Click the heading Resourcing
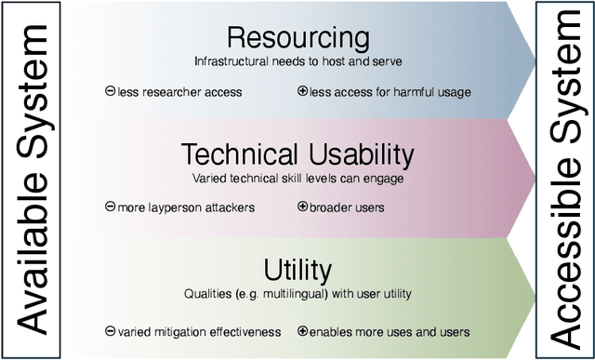(x=297, y=38)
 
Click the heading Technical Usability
(x=297, y=153)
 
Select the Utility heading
(x=297, y=270)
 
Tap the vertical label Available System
(x=32, y=180)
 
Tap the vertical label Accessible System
(x=563, y=180)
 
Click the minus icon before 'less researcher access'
(x=111, y=91)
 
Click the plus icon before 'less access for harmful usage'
(x=302, y=91)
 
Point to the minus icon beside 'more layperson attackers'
(x=111, y=207)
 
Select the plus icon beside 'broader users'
(x=302, y=207)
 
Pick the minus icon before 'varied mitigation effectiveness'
(x=111, y=331)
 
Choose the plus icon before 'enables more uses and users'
(x=302, y=331)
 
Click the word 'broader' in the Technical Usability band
(x=330, y=207)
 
